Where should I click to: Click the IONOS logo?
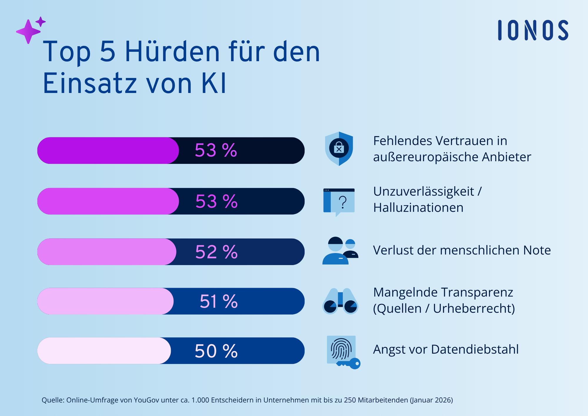pos(533,30)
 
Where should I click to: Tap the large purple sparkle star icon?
pos(28,32)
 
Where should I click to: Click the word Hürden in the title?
pos(172,52)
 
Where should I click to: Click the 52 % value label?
pos(216,252)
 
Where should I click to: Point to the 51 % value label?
pos(218,302)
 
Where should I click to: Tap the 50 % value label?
pos(216,351)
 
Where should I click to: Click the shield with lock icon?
pos(339,149)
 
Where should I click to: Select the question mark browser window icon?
pos(339,202)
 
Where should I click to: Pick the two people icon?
pos(340,251)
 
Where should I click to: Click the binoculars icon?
pos(340,301)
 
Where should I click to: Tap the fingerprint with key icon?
pos(343,352)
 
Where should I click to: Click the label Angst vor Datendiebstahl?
pos(446,350)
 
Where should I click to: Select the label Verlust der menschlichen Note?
pos(462,250)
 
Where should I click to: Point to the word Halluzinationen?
pos(418,208)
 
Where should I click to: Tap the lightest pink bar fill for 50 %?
pos(103,351)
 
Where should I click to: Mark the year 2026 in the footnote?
pos(443,400)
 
